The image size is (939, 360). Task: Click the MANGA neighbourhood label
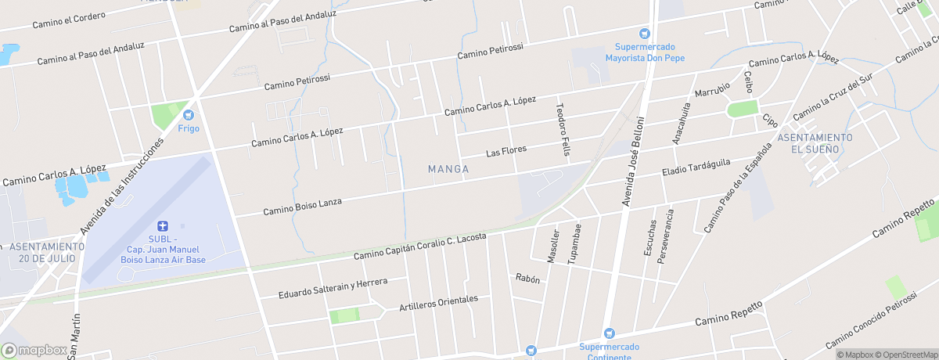pos(448,168)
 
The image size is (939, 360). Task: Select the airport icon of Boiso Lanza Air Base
pos(163,225)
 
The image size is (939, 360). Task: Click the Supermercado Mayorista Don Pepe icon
pos(644,34)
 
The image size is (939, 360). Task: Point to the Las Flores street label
pos(506,149)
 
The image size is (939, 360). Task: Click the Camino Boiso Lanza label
pos(302,206)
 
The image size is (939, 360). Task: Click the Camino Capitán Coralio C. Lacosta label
pos(419,246)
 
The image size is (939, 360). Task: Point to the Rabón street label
pos(527,278)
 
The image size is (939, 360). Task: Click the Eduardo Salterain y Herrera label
pos(333,288)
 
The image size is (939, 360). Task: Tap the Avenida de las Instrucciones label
pos(121,187)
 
